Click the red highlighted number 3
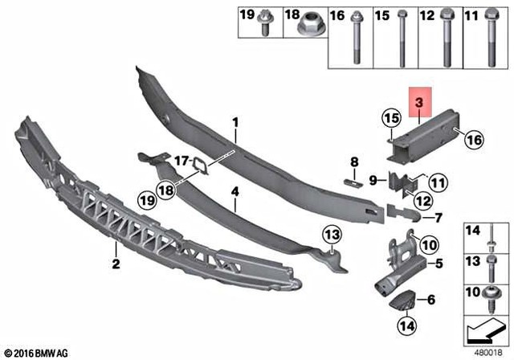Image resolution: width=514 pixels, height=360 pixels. click(418, 103)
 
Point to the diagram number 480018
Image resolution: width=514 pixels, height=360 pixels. click(488, 352)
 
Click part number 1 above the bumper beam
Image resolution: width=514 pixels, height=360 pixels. click(236, 122)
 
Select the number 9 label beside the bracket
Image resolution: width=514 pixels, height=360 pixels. click(373, 178)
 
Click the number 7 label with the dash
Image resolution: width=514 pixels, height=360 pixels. click(439, 217)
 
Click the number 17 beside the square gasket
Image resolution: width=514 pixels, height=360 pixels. click(182, 159)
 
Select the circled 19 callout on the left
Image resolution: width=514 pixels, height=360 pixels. click(145, 198)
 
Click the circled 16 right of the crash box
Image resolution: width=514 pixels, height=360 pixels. click(473, 140)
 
